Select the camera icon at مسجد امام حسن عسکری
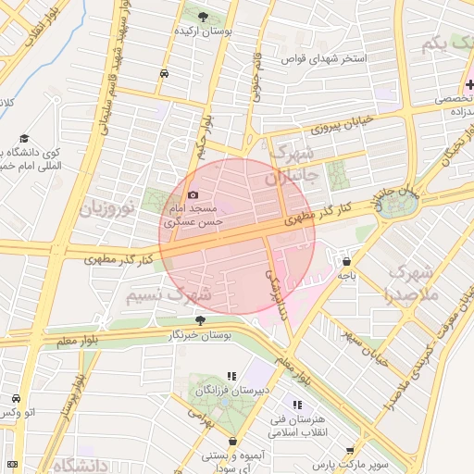[193, 195]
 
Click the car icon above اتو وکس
[16, 398]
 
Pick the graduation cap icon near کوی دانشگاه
[20, 135]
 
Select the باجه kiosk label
[346, 275]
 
